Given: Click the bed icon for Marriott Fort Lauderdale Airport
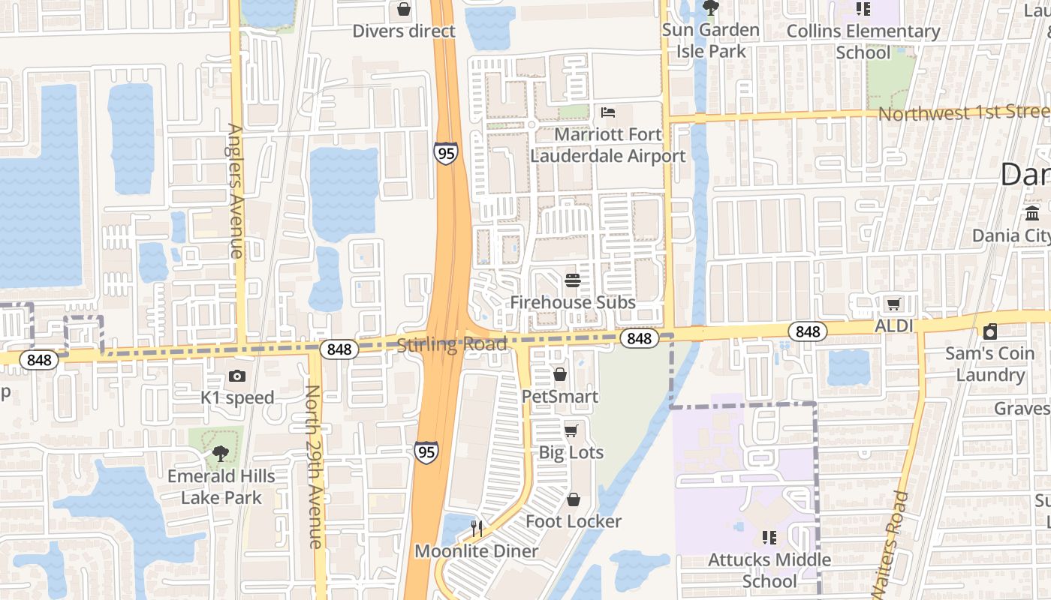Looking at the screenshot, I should pos(608,112).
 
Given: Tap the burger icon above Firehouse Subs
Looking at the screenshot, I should pos(573,281).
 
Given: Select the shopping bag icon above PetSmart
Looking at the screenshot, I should pos(560,374).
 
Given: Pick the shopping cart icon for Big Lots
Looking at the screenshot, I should pos(571,430).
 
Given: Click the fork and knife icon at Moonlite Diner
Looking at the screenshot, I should pos(476,529).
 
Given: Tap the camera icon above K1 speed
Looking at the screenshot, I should pos(237,376).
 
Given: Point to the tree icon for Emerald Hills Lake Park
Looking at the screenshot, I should pos(220,453).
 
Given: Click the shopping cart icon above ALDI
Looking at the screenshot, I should pos(893,304).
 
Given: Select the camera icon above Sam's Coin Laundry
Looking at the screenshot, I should pos(990,331).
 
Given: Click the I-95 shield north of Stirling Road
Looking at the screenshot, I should pos(445,152).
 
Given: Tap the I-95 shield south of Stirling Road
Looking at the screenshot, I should pos(426,451).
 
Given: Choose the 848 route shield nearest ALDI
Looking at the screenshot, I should pos(808,331).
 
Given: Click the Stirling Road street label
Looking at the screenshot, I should pos(452,345).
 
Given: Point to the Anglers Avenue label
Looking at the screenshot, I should pos(236,190).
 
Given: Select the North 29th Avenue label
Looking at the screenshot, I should pos(314,466).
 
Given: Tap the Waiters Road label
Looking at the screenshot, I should pos(890,544).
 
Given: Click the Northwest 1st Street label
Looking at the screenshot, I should pos(964,112).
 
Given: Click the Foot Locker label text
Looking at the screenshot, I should pos(574,521).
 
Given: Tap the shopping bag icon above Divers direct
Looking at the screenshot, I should pos(404,9).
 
